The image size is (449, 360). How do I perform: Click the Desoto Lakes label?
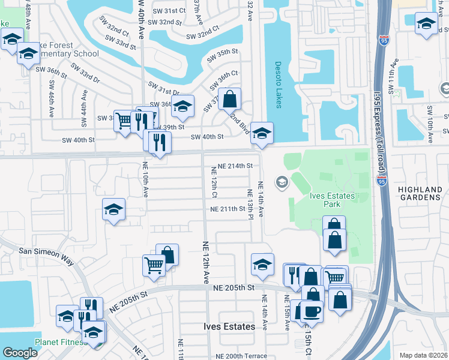(278, 85)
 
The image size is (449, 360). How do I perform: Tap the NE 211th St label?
(230, 209)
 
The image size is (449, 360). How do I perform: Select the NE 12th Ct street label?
(214, 182)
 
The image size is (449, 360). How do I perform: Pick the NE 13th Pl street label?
(250, 203)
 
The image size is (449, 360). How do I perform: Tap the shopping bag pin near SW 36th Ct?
(230, 99)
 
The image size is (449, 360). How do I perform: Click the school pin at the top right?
(426, 25)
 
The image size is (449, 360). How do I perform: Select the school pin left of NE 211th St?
(113, 210)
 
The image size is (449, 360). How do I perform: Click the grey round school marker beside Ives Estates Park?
(281, 181)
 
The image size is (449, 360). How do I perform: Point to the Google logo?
(20, 353)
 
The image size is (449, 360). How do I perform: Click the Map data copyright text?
(423, 355)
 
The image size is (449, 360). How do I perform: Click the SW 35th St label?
(219, 56)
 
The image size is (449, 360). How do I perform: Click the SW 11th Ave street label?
(394, 72)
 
